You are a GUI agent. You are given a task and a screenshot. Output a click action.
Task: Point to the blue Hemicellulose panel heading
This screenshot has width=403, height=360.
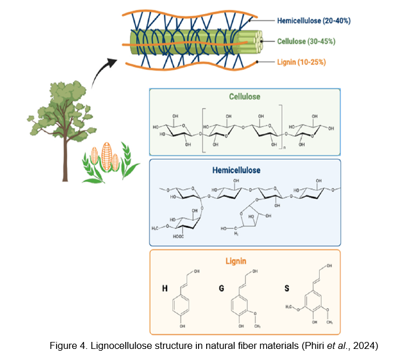coord(244,171)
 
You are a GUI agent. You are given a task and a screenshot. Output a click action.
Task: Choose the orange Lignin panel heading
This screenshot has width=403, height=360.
coord(244,262)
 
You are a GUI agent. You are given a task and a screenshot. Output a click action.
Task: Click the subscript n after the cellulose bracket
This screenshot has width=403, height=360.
coord(284,149)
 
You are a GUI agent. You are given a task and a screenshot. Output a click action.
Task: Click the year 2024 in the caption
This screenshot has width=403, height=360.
coord(365,346)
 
